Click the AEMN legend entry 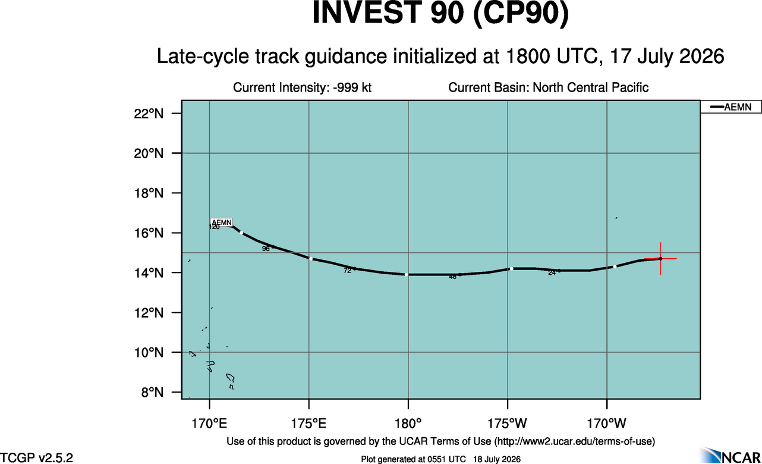pos(730,107)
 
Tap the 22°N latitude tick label pos(149,114)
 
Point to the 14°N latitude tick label pos(149,273)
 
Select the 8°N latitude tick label pos(152,393)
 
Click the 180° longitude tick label pos(408,424)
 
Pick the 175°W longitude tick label pos(507,424)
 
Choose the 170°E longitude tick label pos(209,424)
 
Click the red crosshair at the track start pos(660,259)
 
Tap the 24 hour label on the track pos(552,272)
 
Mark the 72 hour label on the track pos(347,271)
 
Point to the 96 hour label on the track pos(266,249)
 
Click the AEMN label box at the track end pos(222,222)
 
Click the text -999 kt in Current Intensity pos(352,87)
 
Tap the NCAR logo pos(730,455)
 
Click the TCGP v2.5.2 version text pos(36,457)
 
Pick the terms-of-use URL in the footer pos(575,441)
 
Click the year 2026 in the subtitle pos(702,56)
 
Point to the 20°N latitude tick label pos(149,153)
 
